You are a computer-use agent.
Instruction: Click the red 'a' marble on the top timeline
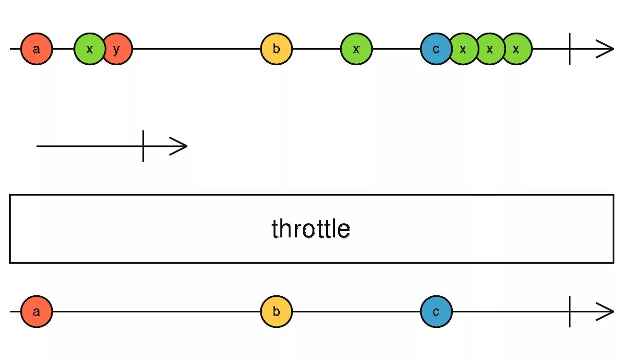(37, 49)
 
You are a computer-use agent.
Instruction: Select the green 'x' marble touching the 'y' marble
(88, 49)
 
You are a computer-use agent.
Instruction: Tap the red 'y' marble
(118, 49)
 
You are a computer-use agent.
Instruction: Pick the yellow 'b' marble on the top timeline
(276, 49)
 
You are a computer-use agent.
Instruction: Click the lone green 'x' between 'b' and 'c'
(356, 49)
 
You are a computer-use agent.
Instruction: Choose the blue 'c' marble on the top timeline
(435, 49)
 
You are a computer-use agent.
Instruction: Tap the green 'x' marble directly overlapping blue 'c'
(463, 49)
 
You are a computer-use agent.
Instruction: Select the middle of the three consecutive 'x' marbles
(490, 49)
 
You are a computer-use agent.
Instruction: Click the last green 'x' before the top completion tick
(517, 49)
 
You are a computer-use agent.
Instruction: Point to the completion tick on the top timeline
(570, 49)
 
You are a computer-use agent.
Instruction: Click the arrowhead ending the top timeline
(606, 49)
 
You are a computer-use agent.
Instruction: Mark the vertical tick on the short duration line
(143, 146)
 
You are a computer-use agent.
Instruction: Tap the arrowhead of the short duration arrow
(180, 146)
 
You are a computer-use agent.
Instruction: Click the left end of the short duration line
(38, 146)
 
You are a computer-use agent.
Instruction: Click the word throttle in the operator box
(311, 229)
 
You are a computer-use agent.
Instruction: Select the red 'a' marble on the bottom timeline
(37, 312)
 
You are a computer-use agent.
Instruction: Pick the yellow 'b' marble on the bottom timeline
(276, 312)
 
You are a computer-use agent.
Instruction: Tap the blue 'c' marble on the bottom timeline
(437, 312)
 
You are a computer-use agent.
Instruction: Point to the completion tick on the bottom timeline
(570, 312)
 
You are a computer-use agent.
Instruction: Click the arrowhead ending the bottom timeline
(606, 312)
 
